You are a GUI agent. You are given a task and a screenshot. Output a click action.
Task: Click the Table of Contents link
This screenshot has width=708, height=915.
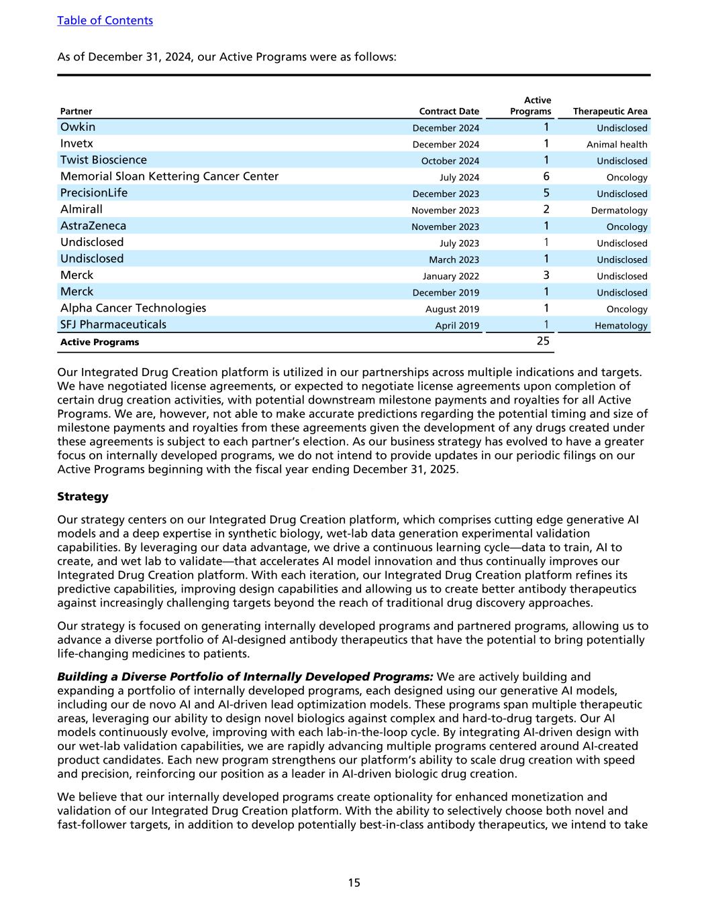tap(105, 21)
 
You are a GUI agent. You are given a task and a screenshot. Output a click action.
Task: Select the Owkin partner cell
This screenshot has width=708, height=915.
tap(78, 127)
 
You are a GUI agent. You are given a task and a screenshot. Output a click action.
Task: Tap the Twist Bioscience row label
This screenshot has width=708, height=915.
tap(103, 160)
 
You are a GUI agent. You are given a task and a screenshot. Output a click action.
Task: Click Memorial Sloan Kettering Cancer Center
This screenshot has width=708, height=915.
tap(169, 176)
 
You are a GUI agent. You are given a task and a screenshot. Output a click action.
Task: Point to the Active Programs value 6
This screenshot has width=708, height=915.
tap(546, 176)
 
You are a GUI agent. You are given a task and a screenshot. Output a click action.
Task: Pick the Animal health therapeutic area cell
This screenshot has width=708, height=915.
tap(617, 144)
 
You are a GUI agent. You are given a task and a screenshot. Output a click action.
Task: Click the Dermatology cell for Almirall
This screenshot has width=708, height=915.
tap(620, 210)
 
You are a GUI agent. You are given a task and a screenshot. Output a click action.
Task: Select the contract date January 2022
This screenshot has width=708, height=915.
tap(451, 276)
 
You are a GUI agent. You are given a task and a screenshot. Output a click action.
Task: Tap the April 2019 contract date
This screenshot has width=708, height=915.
tap(457, 326)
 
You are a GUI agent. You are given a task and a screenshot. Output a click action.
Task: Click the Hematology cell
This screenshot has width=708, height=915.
tap(621, 326)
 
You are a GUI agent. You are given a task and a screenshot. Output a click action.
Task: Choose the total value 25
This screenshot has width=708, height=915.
tap(543, 341)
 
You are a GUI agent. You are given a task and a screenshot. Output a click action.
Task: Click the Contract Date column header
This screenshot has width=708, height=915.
tap(449, 112)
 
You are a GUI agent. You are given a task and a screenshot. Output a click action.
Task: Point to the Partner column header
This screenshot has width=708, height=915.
tap(77, 112)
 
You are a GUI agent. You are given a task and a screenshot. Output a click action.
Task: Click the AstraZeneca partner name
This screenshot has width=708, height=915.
tap(93, 226)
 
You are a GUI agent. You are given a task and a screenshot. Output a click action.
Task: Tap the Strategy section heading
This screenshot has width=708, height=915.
tap(83, 497)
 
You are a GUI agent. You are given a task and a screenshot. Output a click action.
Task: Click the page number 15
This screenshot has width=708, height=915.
tap(354, 883)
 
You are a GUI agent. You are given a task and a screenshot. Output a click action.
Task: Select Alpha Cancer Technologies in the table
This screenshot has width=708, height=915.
tap(133, 308)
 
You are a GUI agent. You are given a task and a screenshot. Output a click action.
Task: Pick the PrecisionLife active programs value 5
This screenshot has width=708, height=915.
tap(546, 193)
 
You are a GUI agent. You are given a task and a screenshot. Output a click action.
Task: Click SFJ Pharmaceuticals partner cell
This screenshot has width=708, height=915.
tap(113, 324)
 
